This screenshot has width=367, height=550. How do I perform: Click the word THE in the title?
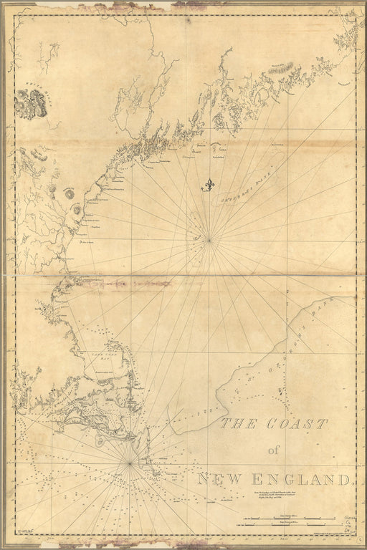pyautogui.click(x=238, y=424)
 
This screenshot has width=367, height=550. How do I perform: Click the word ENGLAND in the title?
pyautogui.click(x=302, y=478)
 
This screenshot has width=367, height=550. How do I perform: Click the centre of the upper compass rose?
pyautogui.click(x=209, y=241)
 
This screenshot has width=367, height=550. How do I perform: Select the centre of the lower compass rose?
pyautogui.click(x=130, y=464)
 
